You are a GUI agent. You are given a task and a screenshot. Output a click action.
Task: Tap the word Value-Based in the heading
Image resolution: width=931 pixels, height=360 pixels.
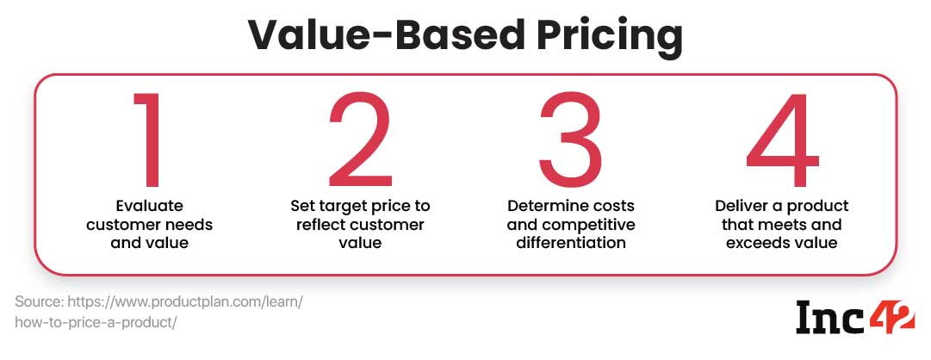[x=387, y=35]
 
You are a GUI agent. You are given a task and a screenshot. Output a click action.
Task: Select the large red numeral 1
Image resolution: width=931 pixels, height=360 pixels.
[x=147, y=139]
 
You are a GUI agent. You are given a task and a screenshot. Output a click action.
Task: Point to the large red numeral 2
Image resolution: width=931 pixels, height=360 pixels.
[x=360, y=139]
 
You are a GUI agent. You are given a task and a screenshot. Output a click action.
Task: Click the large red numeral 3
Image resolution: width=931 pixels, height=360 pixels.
[x=571, y=139]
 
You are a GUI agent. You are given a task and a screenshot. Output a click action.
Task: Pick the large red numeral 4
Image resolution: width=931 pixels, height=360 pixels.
[x=782, y=139]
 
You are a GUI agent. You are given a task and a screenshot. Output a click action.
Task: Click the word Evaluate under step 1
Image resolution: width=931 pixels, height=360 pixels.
[x=150, y=206]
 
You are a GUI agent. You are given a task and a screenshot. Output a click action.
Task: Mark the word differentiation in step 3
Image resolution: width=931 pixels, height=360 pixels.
[x=571, y=243]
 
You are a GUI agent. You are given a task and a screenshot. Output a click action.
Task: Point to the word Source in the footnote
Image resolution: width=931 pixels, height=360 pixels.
[x=40, y=301]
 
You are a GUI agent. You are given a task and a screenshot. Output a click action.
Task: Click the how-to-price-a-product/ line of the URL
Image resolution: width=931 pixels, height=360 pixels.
[x=96, y=323]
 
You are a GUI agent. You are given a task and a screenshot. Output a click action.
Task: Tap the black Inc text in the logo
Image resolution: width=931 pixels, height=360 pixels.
[x=830, y=317]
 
